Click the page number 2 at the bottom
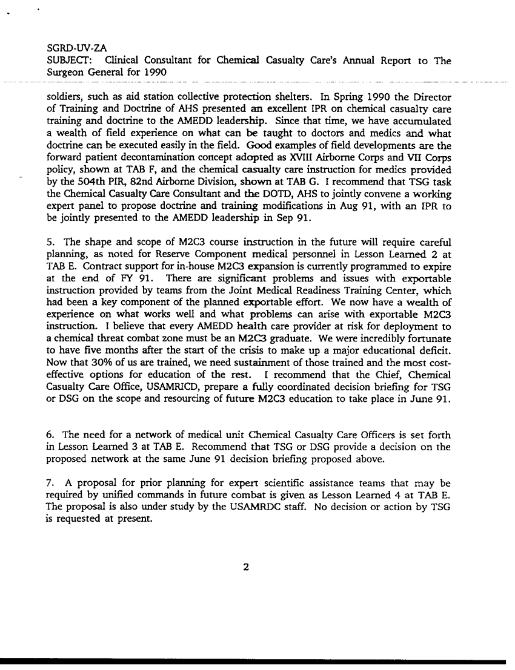246,567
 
